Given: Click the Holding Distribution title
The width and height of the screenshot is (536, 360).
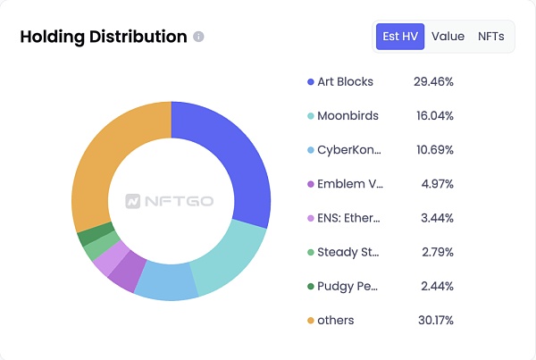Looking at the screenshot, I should pos(103,37).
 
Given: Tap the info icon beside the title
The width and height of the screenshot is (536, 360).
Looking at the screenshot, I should pos(198,37).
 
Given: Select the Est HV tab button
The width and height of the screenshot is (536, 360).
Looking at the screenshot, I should pos(399,37).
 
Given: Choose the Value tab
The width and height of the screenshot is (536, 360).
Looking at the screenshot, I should pos(448,37).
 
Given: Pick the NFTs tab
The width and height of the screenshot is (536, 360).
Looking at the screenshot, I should pos(490,37).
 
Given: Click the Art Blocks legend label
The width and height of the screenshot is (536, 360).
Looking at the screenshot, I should pos(345,81).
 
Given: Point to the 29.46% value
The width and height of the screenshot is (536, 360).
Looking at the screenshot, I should pos(433,81).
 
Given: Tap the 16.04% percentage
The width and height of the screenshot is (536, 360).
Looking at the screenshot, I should pos(433,115).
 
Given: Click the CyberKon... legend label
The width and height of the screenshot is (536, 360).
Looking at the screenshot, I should pos(349,150).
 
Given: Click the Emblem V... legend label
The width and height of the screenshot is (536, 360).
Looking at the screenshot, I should pos(349,184).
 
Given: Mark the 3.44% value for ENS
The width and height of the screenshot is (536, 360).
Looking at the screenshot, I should pos(437,218).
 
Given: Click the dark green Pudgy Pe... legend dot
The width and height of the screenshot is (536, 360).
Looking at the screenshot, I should pos(310,286).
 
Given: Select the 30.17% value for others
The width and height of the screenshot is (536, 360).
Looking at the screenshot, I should pos(433,320).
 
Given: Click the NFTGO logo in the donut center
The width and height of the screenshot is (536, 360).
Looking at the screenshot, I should pos(170,201).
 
